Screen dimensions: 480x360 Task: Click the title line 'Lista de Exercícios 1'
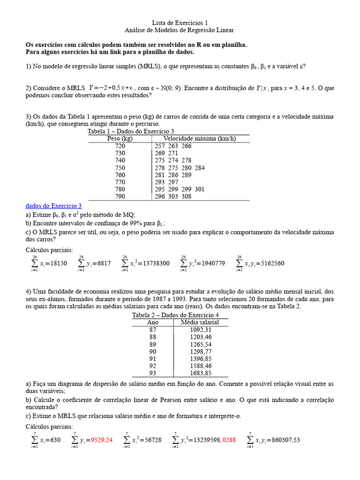pos(180,22)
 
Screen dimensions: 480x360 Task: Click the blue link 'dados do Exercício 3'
pos(54,206)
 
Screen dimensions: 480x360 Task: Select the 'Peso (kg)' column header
pos(120,139)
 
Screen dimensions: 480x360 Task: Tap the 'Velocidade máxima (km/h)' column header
pos(199,139)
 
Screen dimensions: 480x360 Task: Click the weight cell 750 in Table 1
pos(120,168)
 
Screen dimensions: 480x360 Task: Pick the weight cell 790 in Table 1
pos(120,197)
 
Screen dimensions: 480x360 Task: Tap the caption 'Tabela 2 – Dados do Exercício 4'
pos(175,315)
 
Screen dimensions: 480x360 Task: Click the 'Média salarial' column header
pos(200,322)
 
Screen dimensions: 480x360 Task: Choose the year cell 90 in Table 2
pos(153,352)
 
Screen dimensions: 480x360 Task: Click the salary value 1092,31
pos(201,330)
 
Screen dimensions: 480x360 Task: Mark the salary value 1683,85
pos(201,373)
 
